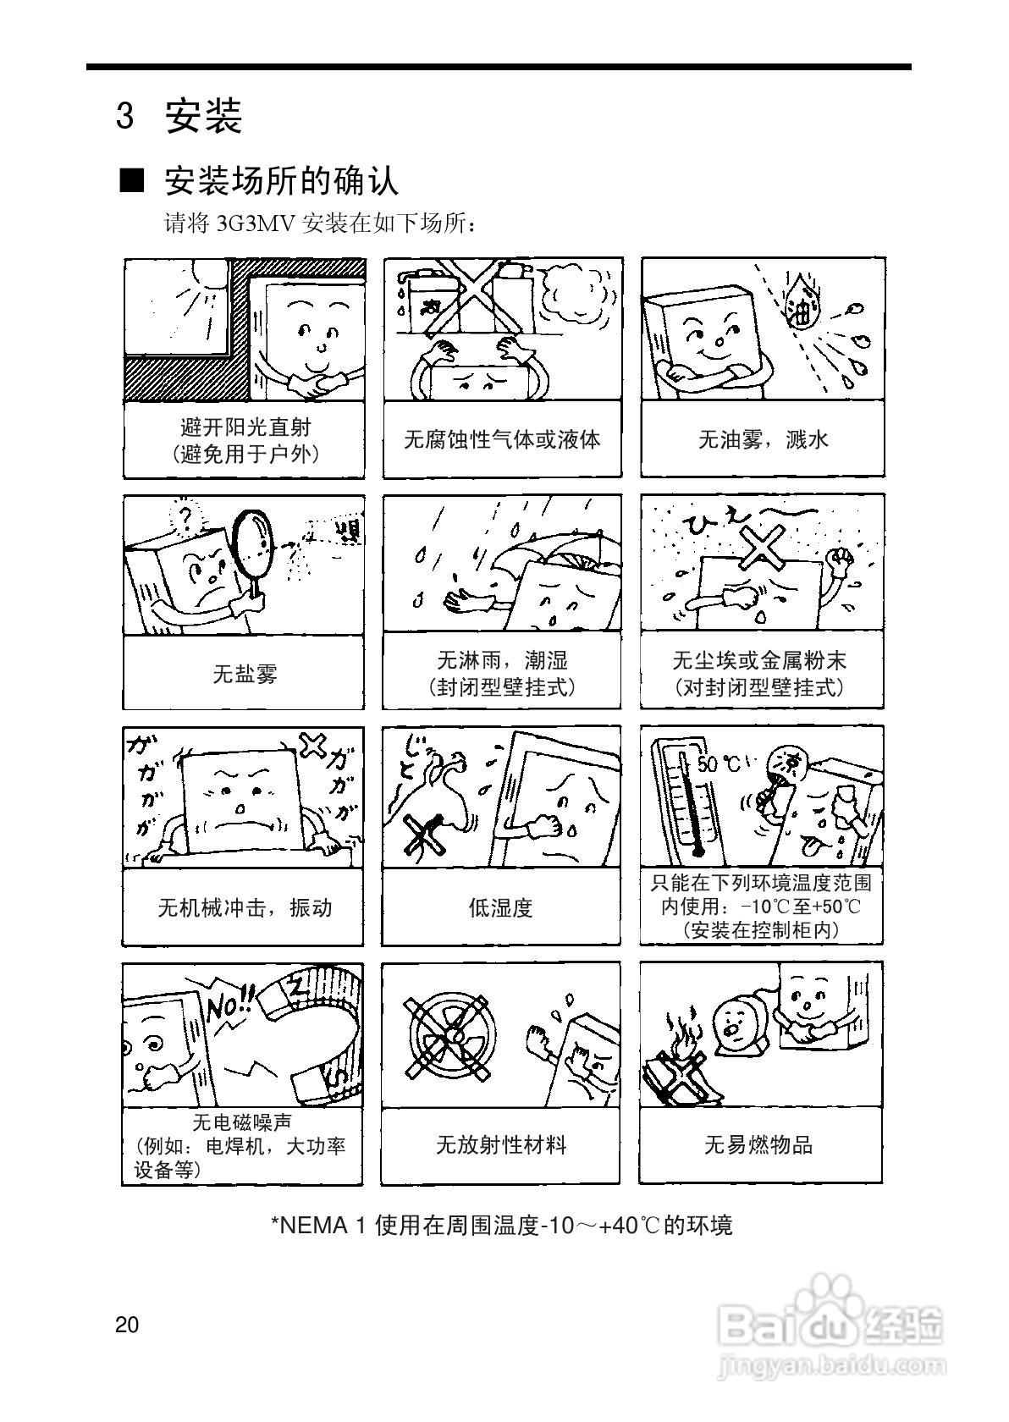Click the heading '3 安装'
[179, 116]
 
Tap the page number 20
[127, 1325]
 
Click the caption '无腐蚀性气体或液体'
[502, 440]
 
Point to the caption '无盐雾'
[245, 675]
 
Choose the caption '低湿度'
[501, 908]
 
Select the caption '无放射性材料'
[500, 1145]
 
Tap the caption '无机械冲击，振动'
[245, 908]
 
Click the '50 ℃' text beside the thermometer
[719, 764]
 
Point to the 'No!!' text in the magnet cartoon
[229, 1005]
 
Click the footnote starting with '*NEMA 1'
[501, 1225]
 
